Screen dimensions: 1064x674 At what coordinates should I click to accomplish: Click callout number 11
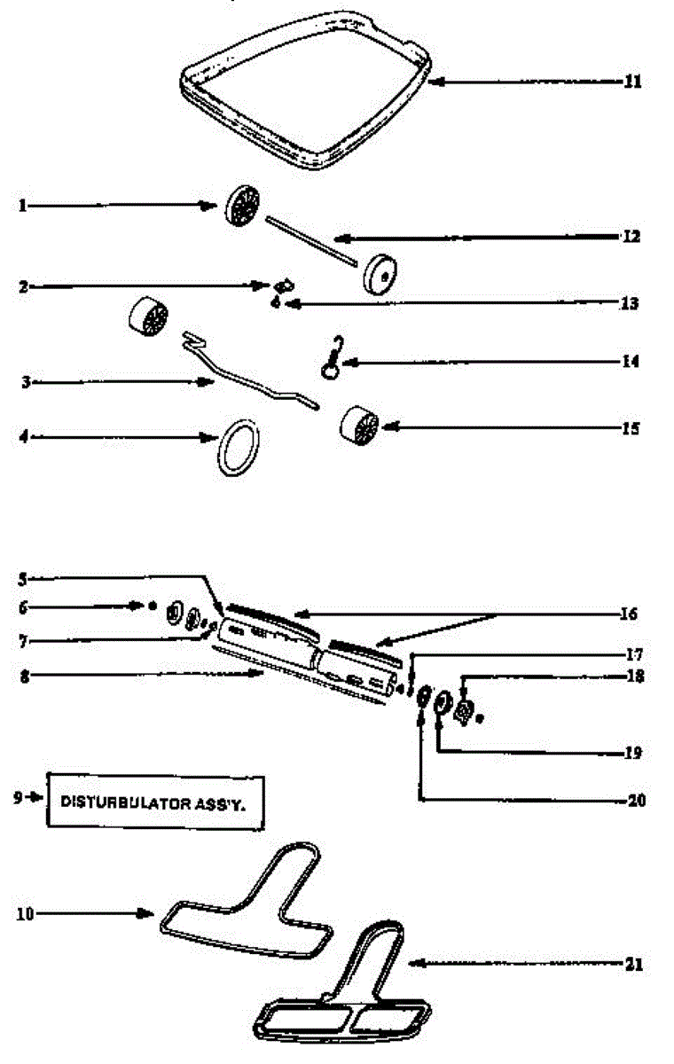tap(631, 82)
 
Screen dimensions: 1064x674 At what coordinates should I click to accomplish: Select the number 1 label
tap(22, 206)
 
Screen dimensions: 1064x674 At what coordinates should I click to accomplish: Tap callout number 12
tap(631, 238)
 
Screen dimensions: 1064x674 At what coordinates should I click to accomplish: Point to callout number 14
tap(631, 362)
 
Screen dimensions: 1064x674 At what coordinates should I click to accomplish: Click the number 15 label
tap(631, 428)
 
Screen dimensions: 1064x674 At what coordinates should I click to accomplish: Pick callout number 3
tap(26, 382)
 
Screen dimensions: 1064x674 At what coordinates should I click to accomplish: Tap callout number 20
tap(636, 800)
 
